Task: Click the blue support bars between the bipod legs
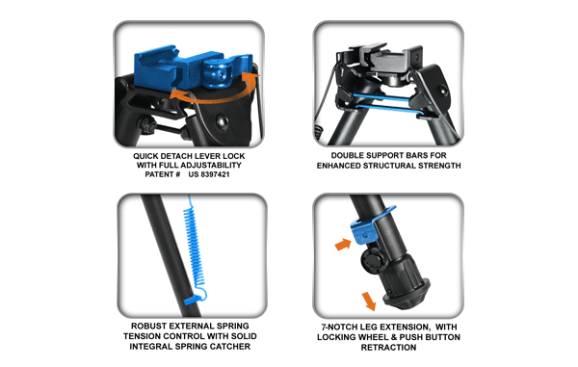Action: coord(385,102)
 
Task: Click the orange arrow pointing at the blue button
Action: coord(340,246)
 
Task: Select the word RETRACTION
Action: coord(389,348)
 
